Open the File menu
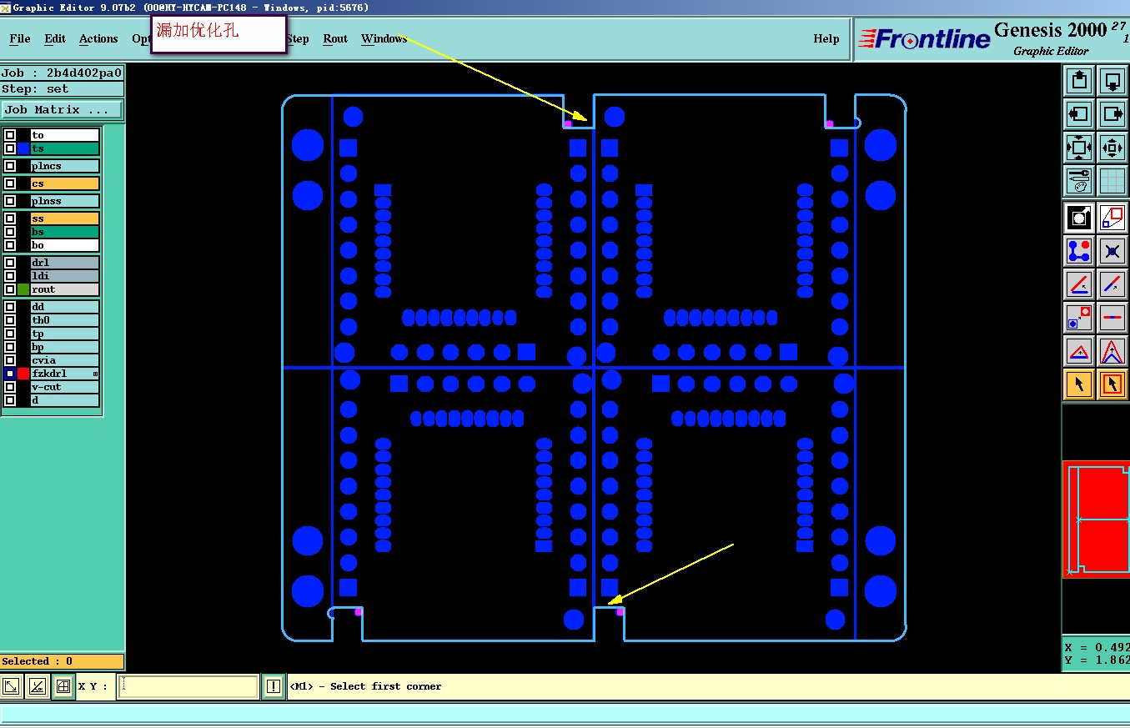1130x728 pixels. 20,39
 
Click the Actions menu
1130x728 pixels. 98,39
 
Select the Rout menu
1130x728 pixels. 335,39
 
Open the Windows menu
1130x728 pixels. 384,39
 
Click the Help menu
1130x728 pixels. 826,39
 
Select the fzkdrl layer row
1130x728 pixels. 64,374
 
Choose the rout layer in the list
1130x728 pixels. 64,289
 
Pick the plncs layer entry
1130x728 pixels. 64,166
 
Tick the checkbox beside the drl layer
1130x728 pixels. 9,263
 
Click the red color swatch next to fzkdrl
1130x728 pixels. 23,374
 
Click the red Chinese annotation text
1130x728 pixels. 198,30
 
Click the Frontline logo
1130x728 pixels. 924,39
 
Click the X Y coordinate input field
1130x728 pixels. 188,686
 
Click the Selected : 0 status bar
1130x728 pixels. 62,661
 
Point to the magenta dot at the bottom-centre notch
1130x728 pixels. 620,612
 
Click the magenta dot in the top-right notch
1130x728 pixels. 830,123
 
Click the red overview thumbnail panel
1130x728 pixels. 1096,519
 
